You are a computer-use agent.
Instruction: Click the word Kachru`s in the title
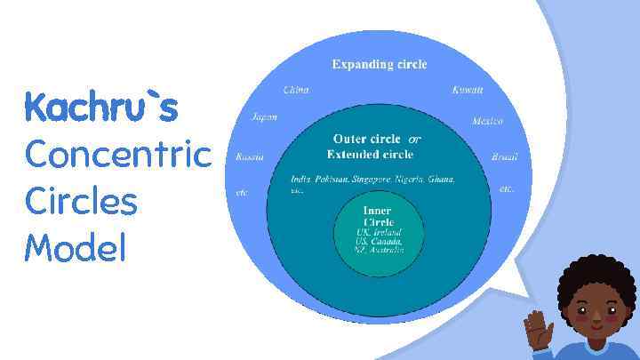tap(101, 108)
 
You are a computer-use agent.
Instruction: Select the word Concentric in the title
tap(118, 155)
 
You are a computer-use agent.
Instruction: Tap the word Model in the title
tap(76, 247)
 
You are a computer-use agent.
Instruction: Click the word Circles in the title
tap(81, 201)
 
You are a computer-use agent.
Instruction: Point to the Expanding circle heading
tap(380, 64)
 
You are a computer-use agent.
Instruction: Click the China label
tap(296, 90)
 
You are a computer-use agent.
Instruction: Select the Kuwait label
tap(468, 90)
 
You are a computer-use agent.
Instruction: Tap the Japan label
tap(264, 117)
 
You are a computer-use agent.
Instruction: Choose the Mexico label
tap(487, 121)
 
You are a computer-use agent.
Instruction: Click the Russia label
tap(250, 157)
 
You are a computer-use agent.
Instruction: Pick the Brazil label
tap(504, 157)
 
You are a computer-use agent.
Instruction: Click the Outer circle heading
tap(366, 139)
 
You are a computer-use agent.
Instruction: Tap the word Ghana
tap(441, 180)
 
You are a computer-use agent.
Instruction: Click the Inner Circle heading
tap(378, 216)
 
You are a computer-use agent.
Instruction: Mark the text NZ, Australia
tap(380, 250)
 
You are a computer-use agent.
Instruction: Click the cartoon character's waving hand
tap(538, 330)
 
